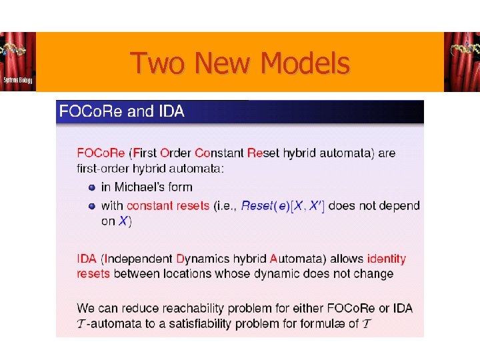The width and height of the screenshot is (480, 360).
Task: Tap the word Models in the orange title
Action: click(306, 64)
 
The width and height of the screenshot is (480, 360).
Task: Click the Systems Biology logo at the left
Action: click(18, 61)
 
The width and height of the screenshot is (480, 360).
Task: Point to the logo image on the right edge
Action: click(461, 61)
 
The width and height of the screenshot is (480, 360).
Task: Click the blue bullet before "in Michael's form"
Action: click(92, 187)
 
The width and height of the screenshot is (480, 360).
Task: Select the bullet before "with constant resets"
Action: click(92, 205)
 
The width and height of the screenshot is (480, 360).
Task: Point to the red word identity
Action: click(386, 259)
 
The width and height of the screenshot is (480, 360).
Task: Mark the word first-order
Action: click(105, 169)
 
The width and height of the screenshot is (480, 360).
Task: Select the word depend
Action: click(399, 205)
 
